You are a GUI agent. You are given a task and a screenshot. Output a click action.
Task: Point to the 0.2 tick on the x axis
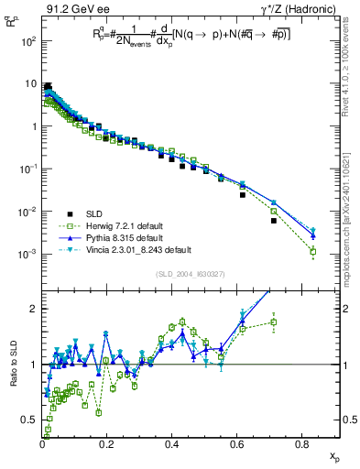click(x=107, y=442)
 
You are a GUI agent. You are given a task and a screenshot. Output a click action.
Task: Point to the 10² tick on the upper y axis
click(x=29, y=42)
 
